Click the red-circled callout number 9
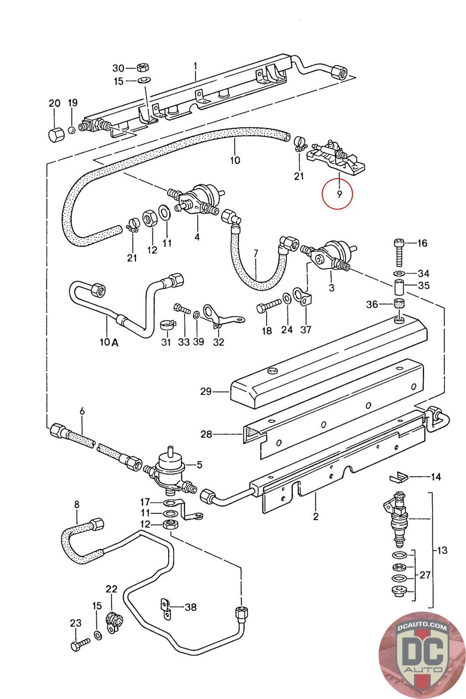339,194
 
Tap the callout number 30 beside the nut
118,68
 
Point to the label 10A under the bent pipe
109,343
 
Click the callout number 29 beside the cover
206,391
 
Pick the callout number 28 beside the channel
206,434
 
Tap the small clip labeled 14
399,478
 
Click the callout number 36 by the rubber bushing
372,304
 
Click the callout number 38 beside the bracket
190,607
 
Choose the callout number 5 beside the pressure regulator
200,465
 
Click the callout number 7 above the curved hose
256,253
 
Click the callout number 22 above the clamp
111,589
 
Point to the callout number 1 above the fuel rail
195,66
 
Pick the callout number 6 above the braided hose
82,411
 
